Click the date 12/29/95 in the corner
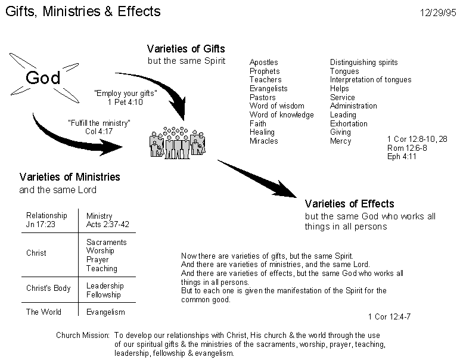[438, 13]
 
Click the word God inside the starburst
[43, 77]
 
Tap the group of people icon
[178, 143]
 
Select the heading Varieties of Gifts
[186, 49]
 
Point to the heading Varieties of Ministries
[70, 177]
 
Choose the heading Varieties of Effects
[349, 204]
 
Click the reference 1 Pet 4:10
[125, 102]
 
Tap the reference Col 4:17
[99, 131]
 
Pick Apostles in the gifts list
[264, 63]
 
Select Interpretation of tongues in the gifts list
[371, 80]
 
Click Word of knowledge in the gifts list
[282, 114]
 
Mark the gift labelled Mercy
[341, 141]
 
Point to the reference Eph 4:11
[402, 156]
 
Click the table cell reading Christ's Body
[48, 288]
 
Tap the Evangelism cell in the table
[105, 312]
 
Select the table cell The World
[43, 312]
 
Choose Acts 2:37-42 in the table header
[108, 225]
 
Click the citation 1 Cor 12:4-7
[389, 316]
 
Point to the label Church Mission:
[83, 336]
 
